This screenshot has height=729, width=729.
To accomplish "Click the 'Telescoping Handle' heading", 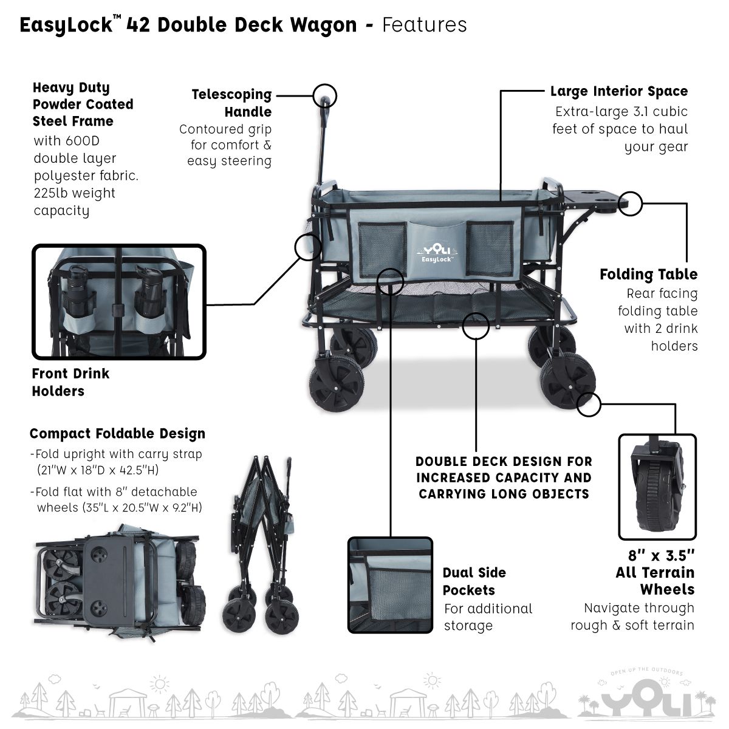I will [231, 103].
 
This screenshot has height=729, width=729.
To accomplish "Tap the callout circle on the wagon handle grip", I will [325, 95].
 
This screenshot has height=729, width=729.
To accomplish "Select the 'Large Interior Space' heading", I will [619, 92].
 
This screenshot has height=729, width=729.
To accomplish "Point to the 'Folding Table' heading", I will [648, 275].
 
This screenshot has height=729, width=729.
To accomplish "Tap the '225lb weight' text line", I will [74, 193].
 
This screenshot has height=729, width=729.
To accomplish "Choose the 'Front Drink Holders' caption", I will [70, 382].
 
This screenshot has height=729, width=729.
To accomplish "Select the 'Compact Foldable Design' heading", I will [117, 434].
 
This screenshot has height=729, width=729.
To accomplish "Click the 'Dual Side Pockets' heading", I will [474, 581].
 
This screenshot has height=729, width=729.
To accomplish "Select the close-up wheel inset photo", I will [657, 487].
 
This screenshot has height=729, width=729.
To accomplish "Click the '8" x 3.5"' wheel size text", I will [661, 556].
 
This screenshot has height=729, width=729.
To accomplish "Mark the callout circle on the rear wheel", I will [588, 404].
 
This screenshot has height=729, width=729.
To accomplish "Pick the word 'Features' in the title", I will [425, 25].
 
